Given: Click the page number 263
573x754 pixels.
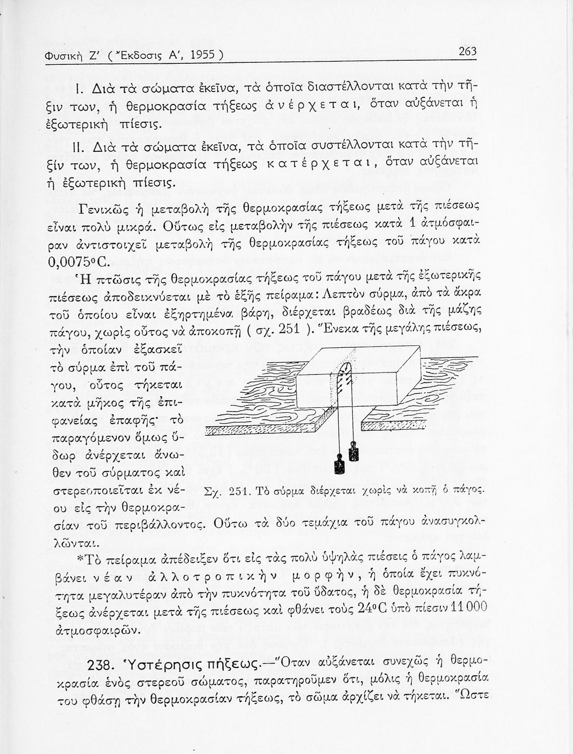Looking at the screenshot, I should pyautogui.click(x=467, y=51).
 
